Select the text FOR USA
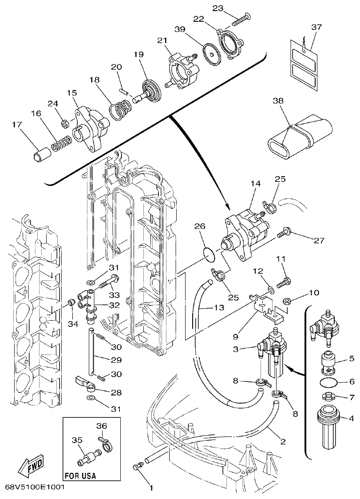(80, 476)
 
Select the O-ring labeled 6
(327, 381)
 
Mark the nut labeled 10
(286, 302)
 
